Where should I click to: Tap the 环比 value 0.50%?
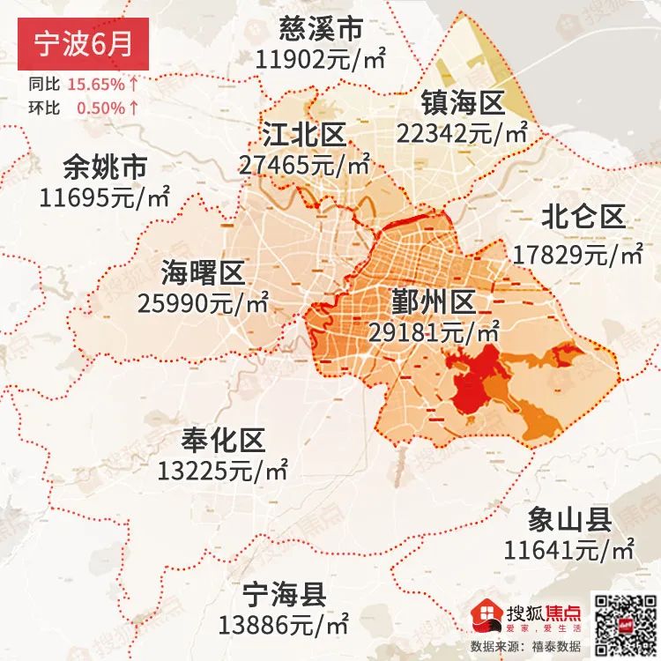tap(100, 108)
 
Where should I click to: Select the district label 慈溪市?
tap(320, 29)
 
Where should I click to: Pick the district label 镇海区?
tap(462, 103)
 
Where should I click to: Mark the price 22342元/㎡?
tap(462, 133)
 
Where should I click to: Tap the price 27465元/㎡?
tap(304, 165)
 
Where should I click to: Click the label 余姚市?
tap(105, 167)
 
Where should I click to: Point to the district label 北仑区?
tap(583, 217)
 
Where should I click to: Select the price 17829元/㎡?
tap(578, 255)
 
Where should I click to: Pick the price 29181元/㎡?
tap(433, 333)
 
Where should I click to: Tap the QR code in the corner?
tap(622, 621)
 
